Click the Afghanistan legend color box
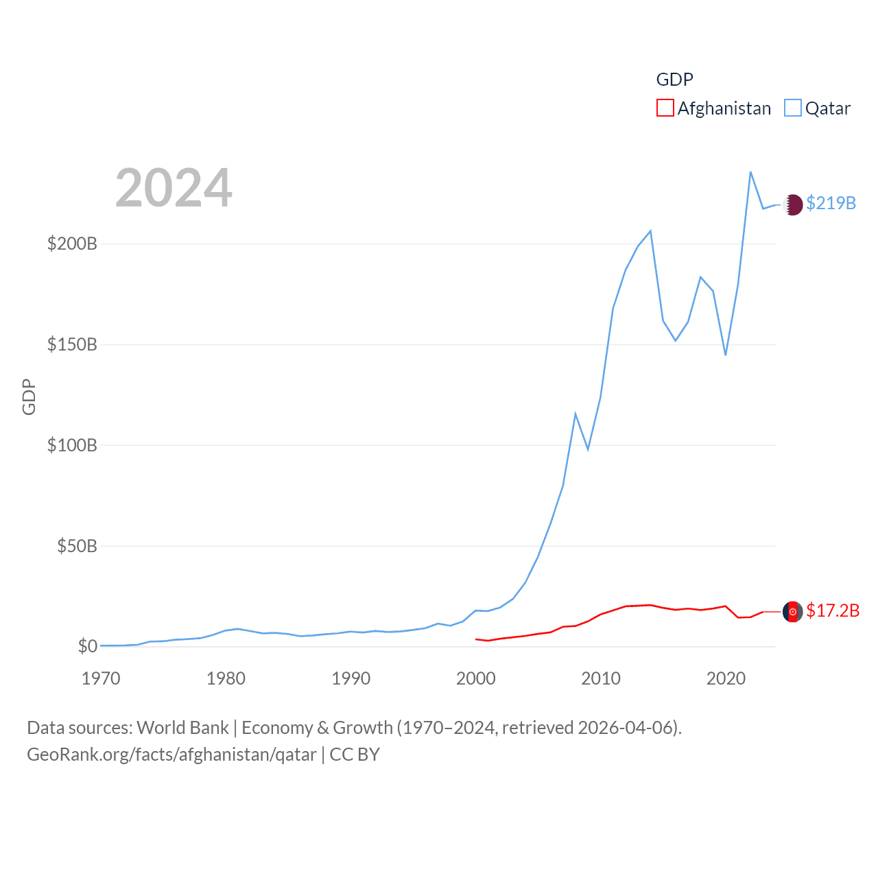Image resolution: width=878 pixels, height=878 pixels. click(665, 108)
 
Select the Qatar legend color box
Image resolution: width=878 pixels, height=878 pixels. click(792, 108)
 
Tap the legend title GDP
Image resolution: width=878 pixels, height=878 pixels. click(674, 80)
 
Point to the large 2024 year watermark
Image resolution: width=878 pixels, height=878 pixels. click(174, 188)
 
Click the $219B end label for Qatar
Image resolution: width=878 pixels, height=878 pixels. click(831, 203)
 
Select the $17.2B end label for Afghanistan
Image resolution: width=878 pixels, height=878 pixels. click(832, 610)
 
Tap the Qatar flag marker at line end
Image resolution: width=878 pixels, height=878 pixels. click(792, 204)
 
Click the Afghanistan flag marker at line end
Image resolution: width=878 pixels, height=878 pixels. click(792, 611)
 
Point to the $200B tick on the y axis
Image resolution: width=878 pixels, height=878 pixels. click(72, 244)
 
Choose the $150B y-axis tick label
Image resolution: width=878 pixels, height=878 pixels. click(72, 344)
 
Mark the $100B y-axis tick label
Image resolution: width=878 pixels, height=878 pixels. click(72, 445)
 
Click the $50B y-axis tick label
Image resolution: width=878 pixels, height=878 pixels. click(77, 546)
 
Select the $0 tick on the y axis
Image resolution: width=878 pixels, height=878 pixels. click(87, 646)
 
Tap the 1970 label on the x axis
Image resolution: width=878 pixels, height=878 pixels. click(101, 678)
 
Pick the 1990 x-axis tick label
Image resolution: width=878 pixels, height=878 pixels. click(351, 678)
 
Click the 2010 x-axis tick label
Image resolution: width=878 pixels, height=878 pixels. click(601, 678)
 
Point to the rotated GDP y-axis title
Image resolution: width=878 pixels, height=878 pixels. click(29, 396)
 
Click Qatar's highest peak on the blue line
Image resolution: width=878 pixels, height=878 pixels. click(750, 172)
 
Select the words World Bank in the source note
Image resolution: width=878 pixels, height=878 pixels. click(183, 727)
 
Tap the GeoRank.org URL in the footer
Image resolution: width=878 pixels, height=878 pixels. click(171, 755)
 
